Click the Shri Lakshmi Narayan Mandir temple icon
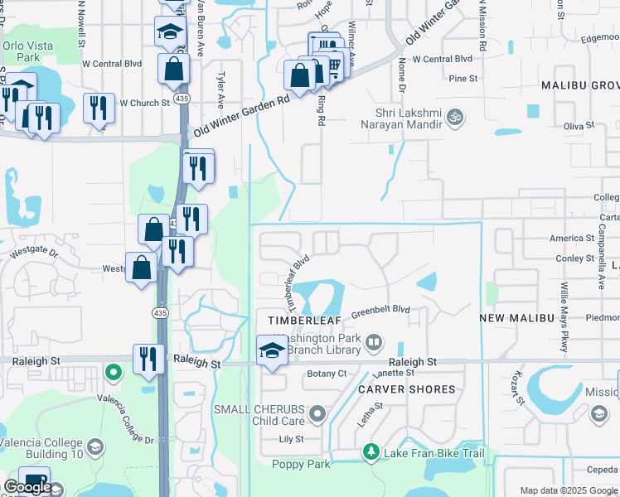pos(453,117)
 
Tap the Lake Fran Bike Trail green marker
pos(371,452)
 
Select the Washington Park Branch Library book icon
pos(374,342)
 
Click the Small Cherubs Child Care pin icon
pos(316,413)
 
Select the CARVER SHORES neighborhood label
pos(406,388)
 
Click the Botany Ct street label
pos(327,374)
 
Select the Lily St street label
pos(292,439)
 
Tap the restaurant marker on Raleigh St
pos(148,359)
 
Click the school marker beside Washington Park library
pos(271,350)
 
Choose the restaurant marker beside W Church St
pos(99,108)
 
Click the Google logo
pos(27,487)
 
